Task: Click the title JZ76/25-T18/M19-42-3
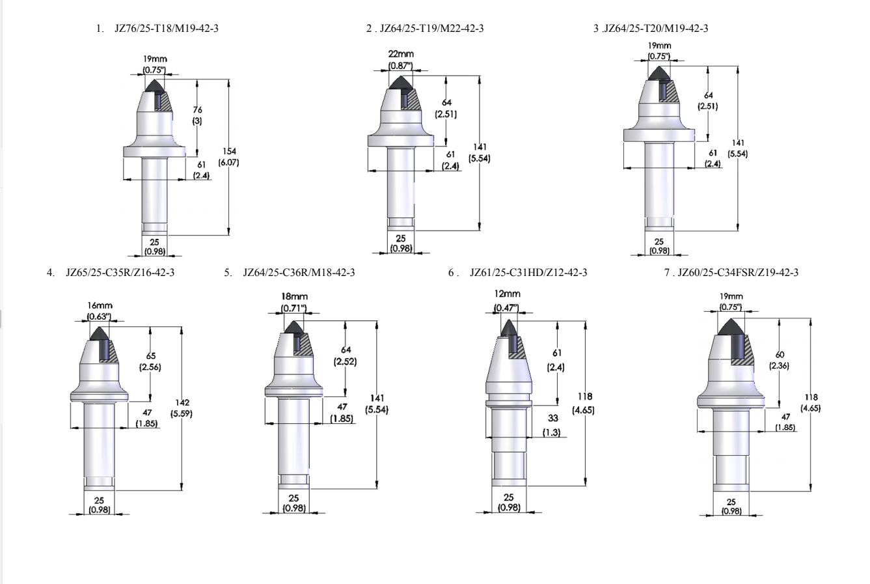(166, 28)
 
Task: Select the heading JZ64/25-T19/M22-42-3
(431, 28)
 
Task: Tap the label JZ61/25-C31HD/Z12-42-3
(528, 272)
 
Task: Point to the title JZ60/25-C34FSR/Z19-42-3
(738, 272)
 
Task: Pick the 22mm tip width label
(401, 54)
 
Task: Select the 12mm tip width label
(507, 294)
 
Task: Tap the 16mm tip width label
(100, 305)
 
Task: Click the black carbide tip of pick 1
(155, 86)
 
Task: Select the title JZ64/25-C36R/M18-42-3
(299, 272)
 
